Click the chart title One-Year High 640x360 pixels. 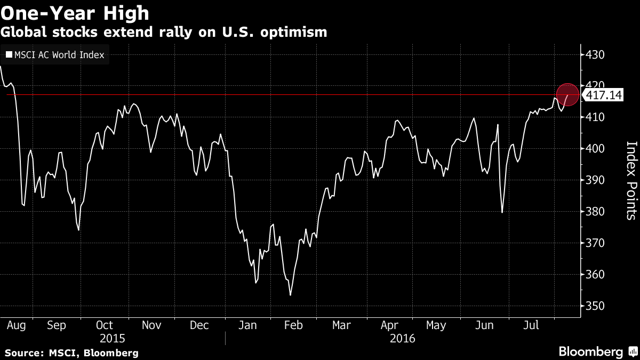coord(75,12)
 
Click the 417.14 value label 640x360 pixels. coord(604,95)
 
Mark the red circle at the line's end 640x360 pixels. coord(567,94)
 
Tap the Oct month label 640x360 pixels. coord(105,325)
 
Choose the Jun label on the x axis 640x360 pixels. coord(484,325)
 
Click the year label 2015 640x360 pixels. coord(112,338)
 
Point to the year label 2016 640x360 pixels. coord(403,338)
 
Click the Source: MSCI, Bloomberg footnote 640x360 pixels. coord(71,353)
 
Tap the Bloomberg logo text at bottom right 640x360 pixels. coord(590,351)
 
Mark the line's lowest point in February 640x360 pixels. coord(290,295)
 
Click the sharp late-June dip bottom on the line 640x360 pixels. coord(502,212)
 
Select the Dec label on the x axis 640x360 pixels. coord(199,325)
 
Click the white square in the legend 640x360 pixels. coord(9,54)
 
